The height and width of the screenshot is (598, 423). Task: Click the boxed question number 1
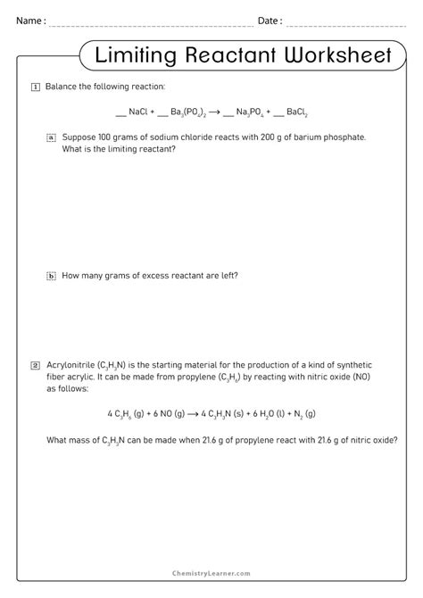click(x=35, y=87)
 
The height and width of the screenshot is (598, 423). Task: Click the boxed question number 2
click(x=35, y=365)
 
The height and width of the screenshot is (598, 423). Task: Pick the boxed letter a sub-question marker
click(x=51, y=137)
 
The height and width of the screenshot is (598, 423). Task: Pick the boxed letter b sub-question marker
click(x=51, y=276)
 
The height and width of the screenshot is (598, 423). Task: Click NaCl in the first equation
click(x=140, y=112)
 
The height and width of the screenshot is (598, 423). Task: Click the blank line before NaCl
click(x=120, y=114)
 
